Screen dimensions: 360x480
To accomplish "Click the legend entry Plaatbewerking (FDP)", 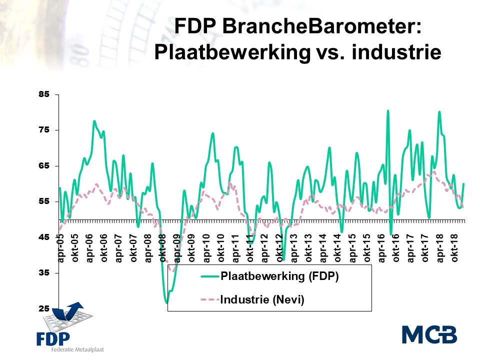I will point(279,276).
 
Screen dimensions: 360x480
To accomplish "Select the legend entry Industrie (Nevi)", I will point(262,300).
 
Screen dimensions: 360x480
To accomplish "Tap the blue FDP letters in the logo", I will point(53,338).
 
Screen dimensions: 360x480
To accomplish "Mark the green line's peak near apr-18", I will point(439,111).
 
